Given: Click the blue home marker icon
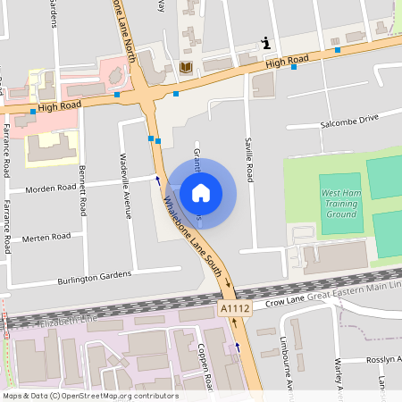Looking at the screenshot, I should point(201,192).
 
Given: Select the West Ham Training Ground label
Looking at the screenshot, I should point(341,203).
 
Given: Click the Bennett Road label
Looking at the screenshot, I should point(82,189).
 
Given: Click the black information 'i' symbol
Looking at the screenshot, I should point(266,42).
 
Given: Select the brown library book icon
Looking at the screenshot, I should point(186,68).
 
